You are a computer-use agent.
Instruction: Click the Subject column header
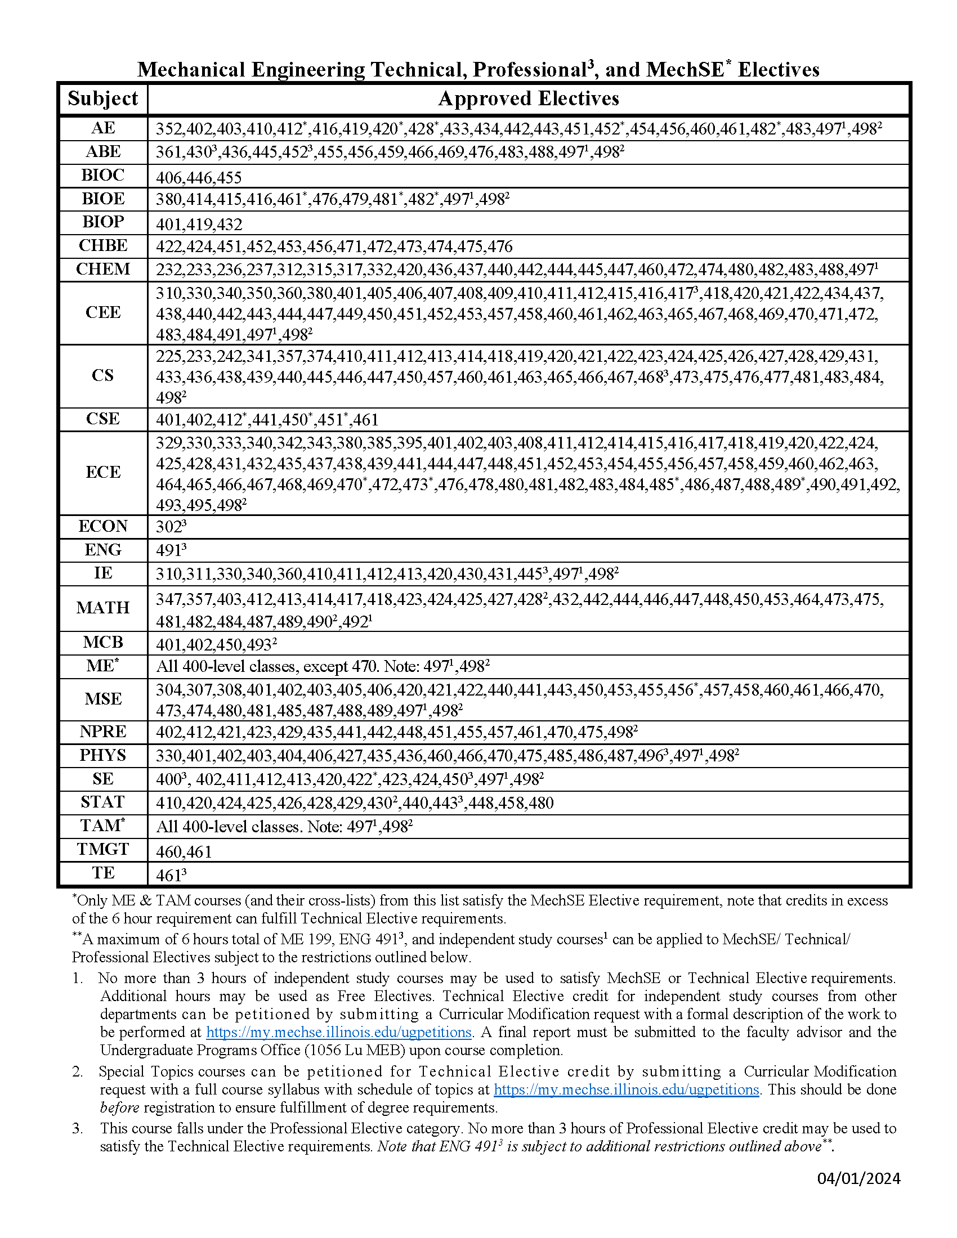point(102,98)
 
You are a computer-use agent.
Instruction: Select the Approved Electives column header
point(528,98)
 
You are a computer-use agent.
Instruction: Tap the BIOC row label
point(102,175)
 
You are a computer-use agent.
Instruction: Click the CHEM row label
point(102,268)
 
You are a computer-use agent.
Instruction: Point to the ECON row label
point(102,526)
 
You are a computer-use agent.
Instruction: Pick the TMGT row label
point(102,849)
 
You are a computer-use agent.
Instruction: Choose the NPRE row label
point(102,731)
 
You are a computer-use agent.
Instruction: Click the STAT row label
point(102,802)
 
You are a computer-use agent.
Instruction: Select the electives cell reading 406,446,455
point(199,178)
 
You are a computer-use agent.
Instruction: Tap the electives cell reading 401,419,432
point(199,225)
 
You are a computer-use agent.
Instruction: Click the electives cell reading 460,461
point(184,852)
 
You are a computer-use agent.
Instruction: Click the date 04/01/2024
point(858,1179)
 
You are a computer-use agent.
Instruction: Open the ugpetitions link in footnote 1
point(338,1032)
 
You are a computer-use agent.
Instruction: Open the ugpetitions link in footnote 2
point(627,1089)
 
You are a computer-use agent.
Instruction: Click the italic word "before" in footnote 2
point(119,1107)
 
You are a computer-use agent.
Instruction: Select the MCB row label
point(102,642)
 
